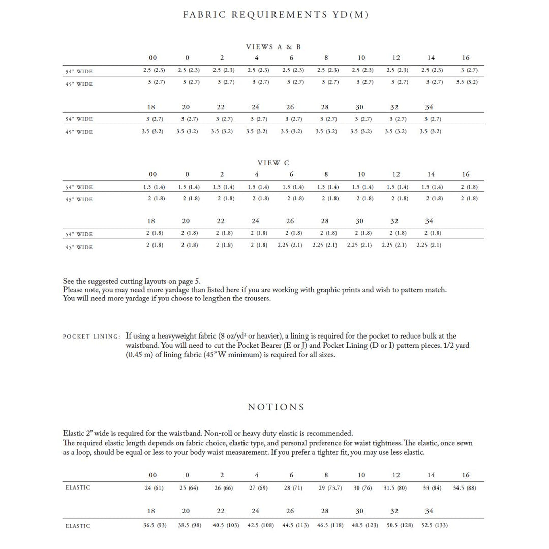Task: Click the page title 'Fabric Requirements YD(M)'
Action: click(276, 15)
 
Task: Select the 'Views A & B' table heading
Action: click(273, 47)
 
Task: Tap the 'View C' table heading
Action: click(273, 163)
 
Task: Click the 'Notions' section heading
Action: click(276, 407)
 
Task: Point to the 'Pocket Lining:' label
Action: click(91, 337)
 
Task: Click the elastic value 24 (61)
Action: click(153, 488)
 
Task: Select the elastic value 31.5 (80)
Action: click(395, 488)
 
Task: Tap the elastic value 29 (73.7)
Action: click(326, 488)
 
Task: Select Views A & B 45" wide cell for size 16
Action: click(466, 82)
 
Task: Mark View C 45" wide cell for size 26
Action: click(290, 245)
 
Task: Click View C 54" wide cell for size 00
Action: click(153, 187)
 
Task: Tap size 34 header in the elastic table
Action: click(430, 511)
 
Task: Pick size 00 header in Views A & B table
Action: click(153, 58)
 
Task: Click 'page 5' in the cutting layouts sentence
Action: click(189, 281)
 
